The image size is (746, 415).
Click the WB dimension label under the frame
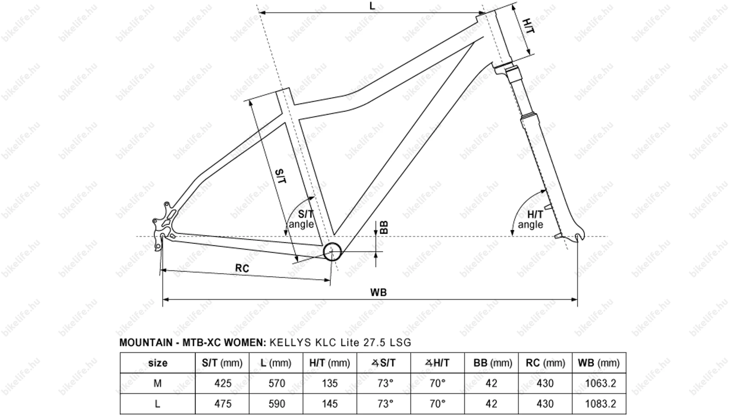click(378, 292)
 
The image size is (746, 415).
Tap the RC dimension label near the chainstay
click(242, 268)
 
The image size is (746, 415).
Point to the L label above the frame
click(372, 6)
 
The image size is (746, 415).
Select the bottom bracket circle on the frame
click(332, 252)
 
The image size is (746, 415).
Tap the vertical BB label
click(385, 227)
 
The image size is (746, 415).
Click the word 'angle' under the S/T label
click(301, 224)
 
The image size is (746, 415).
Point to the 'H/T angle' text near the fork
click(531, 220)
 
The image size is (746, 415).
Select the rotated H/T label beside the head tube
click(528, 26)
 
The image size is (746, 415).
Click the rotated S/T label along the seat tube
click(280, 176)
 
